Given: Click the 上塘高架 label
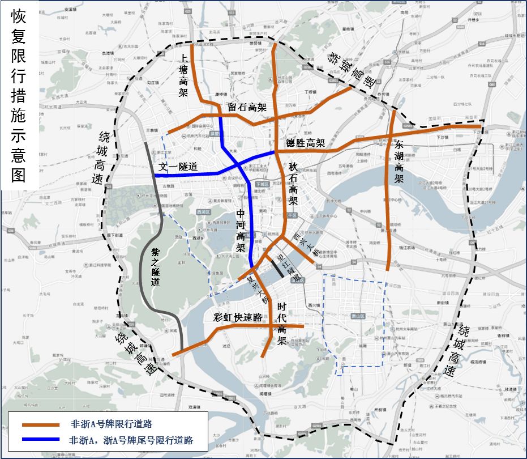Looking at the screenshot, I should pos(183,76).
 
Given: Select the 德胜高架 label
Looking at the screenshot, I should pos(305,143).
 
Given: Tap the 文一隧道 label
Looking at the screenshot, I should pos(179,167).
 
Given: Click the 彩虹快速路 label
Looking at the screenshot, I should pos(238,317).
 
